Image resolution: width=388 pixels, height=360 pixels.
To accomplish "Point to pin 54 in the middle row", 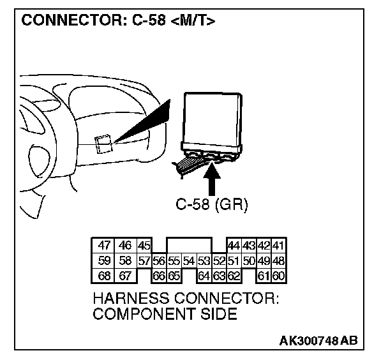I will pos(188,260).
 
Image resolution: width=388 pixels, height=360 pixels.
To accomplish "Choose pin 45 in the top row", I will pos(144,245).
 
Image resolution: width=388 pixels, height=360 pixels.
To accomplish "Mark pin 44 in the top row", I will pos(234,245).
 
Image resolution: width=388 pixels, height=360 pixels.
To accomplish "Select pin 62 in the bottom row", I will pos(234,276).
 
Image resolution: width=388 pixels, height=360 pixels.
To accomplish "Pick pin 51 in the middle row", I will pos(234,260).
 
